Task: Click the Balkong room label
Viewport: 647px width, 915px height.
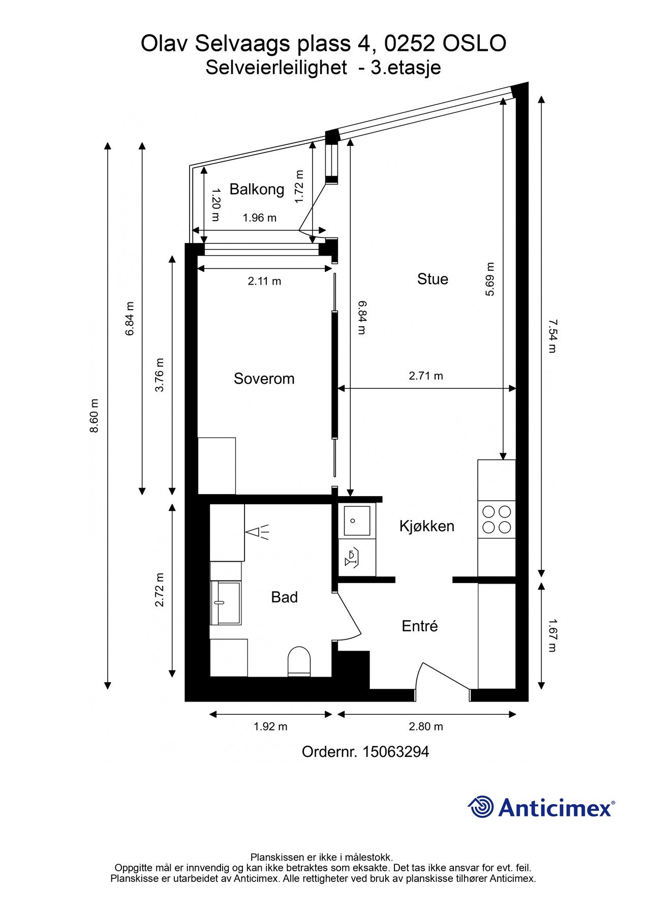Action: (x=257, y=190)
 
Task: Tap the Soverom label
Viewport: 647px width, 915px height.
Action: (x=264, y=379)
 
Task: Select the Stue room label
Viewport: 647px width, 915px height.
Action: (x=433, y=279)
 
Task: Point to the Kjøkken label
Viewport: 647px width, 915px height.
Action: (x=426, y=526)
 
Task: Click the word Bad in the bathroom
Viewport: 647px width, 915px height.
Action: (x=284, y=597)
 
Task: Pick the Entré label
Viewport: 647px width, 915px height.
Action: (x=420, y=626)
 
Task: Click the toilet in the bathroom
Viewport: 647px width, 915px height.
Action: (x=299, y=661)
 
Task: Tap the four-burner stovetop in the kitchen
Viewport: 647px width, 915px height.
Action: (x=497, y=520)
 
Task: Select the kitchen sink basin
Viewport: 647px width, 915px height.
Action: (x=357, y=521)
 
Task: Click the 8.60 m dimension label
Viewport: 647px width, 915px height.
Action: (x=94, y=416)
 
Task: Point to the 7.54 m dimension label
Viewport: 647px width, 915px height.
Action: (x=552, y=336)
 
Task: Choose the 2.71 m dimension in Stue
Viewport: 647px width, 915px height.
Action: (x=426, y=376)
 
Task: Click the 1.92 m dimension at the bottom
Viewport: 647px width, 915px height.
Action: (x=270, y=727)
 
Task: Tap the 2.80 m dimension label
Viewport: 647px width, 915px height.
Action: (x=426, y=727)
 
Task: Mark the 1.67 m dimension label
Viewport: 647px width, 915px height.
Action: (x=552, y=635)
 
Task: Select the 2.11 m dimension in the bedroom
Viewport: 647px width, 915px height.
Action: (x=264, y=281)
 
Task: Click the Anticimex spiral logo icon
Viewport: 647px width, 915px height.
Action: (x=481, y=807)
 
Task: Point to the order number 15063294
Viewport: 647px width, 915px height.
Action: (x=395, y=752)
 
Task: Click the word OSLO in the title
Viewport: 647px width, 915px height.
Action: (x=474, y=44)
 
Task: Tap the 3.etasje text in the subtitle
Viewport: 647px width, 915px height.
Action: (x=406, y=68)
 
